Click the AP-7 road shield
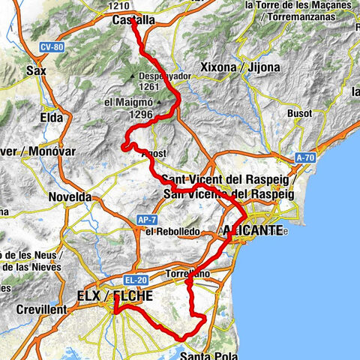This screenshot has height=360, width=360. pyautogui.click(x=146, y=220)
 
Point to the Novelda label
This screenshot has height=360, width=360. pyautogui.click(x=70, y=196)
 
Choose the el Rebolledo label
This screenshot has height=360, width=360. pyautogui.click(x=173, y=232)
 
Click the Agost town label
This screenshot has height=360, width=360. pyautogui.click(x=153, y=152)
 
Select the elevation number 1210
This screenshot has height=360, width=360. pyautogui.click(x=119, y=5)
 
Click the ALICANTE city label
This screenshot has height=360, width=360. pyautogui.click(x=253, y=229)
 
